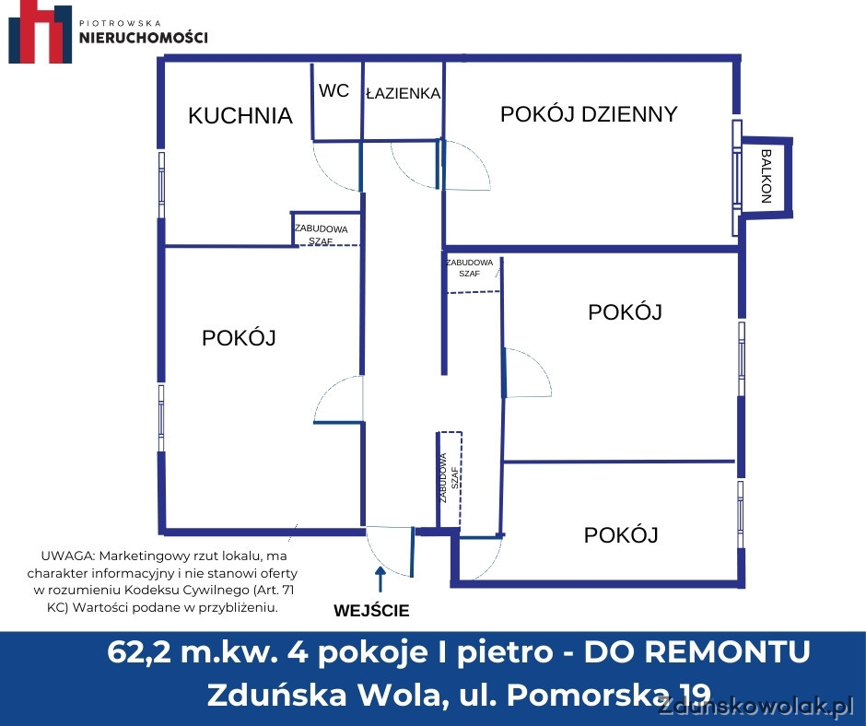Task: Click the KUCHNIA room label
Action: click(x=240, y=115)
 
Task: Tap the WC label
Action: click(x=334, y=90)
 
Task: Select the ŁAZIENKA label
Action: click(x=404, y=93)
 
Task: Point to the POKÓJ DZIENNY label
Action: click(x=589, y=114)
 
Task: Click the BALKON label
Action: click(x=766, y=176)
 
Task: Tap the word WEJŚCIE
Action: click(x=371, y=611)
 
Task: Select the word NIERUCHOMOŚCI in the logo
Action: click(x=144, y=38)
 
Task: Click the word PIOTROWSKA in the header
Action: click(x=121, y=23)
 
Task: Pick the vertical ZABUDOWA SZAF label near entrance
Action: click(x=449, y=478)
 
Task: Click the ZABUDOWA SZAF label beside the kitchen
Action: click(x=321, y=235)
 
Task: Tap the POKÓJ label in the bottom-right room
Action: click(x=621, y=535)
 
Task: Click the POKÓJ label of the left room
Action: click(x=239, y=337)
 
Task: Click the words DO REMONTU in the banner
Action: click(x=697, y=651)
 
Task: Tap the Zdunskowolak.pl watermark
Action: click(x=755, y=706)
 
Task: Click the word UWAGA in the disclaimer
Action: click(x=66, y=556)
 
